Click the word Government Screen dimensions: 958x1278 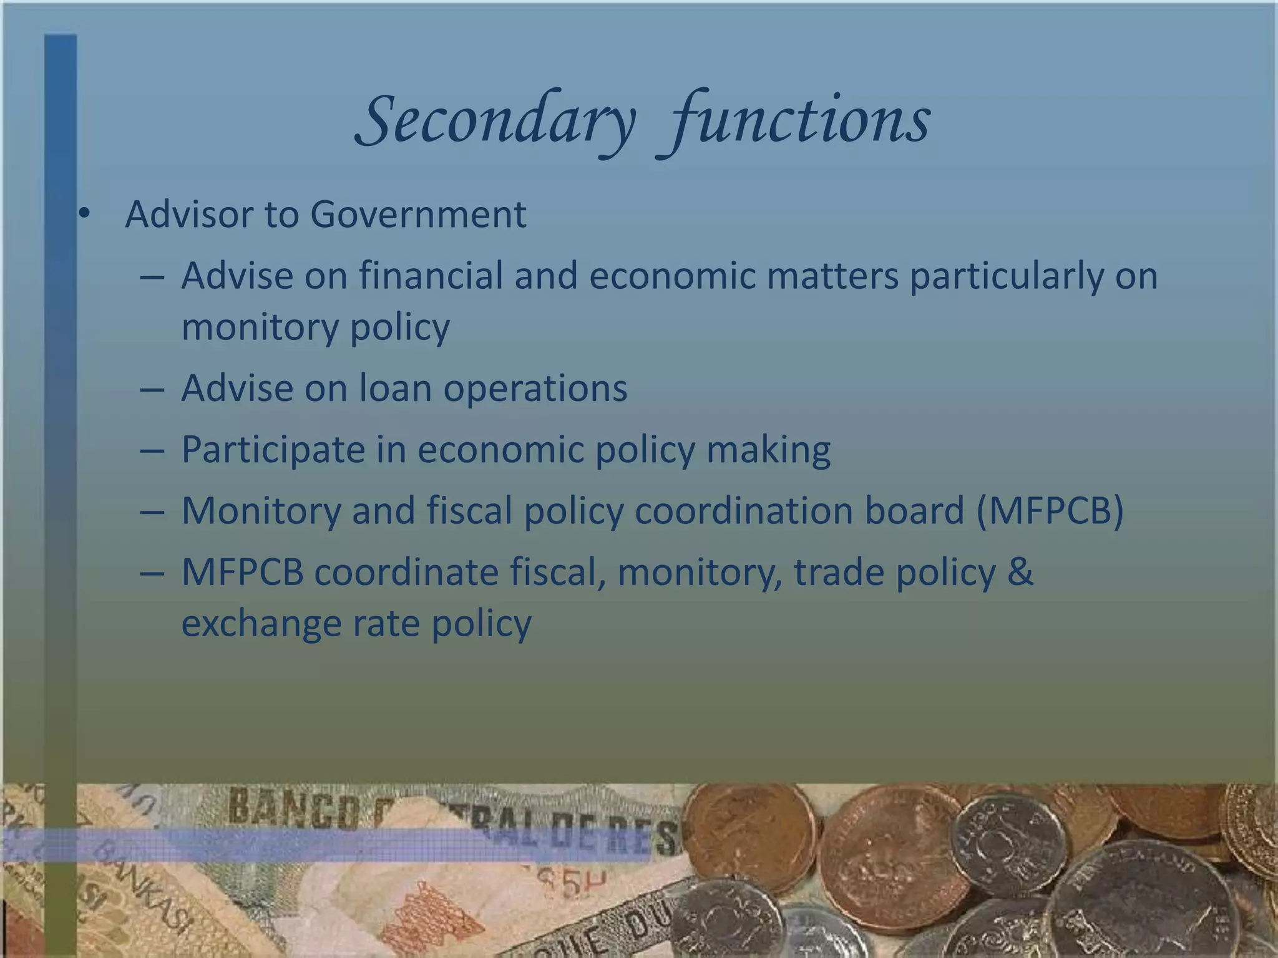(x=417, y=215)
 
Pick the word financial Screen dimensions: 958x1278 (x=431, y=276)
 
